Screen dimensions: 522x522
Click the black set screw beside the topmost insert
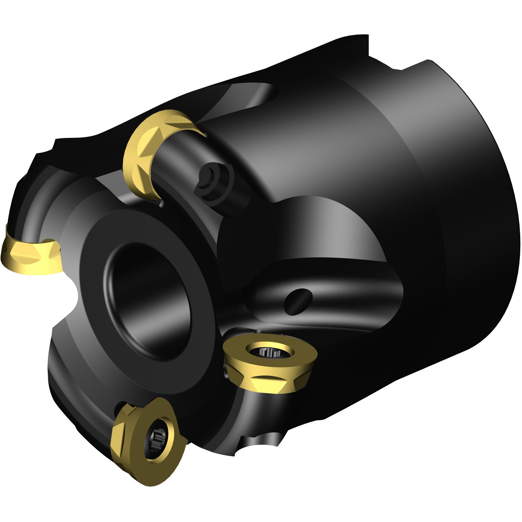211,175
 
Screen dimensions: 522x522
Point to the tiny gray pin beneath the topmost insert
161,204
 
